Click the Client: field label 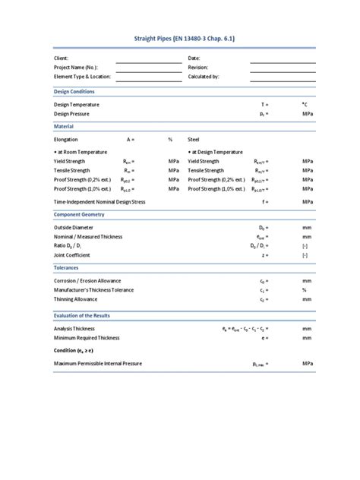tap(62, 58)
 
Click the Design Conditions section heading tap(74, 91)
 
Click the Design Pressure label tap(71, 114)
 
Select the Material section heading tap(64, 126)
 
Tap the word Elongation tap(66, 140)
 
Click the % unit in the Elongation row tap(171, 140)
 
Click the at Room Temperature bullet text tap(84, 153)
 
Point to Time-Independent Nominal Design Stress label tap(110, 202)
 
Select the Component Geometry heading tap(79, 215)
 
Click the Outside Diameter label tap(74, 228)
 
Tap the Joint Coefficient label tap(74, 255)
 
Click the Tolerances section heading tap(67, 268)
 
